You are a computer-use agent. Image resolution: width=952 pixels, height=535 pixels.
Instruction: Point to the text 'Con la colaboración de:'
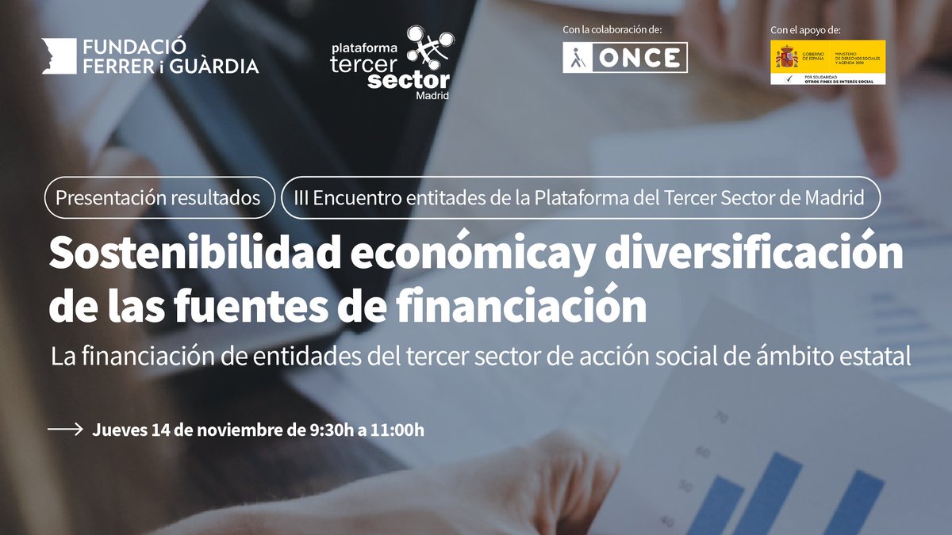(612, 29)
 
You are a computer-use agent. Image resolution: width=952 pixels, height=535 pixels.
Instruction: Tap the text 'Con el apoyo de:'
(805, 30)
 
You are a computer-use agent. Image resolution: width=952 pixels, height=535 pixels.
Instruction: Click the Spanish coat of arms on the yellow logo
(785, 58)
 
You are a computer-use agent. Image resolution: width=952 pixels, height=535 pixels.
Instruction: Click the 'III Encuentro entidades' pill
(581, 197)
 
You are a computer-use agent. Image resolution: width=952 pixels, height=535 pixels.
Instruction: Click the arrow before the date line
(65, 430)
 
